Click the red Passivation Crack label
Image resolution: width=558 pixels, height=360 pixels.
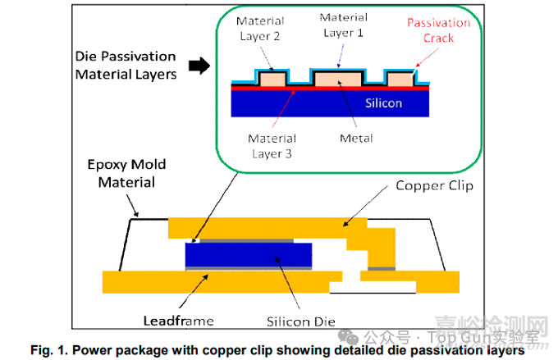[x=438, y=30]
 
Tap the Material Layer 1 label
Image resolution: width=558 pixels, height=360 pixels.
[x=343, y=25]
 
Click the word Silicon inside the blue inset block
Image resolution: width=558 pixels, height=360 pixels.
[x=384, y=103]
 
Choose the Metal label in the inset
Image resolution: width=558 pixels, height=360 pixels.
[x=357, y=139]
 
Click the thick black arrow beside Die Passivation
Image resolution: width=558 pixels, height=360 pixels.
[x=199, y=66]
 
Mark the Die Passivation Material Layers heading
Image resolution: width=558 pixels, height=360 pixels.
[x=126, y=66]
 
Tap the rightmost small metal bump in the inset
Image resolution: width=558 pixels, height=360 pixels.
[x=400, y=80]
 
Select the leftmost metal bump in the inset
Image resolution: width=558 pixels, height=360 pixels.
[x=272, y=80]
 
